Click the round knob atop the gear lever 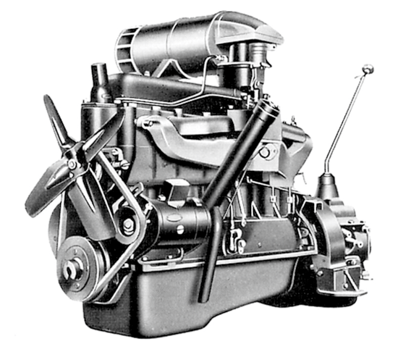pos(368,70)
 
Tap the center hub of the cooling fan pos(74,164)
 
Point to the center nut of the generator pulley pos(127,225)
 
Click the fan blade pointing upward pos(54,116)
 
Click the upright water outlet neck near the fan pos(100,79)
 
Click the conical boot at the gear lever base pos(328,187)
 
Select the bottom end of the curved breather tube pos(205,297)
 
